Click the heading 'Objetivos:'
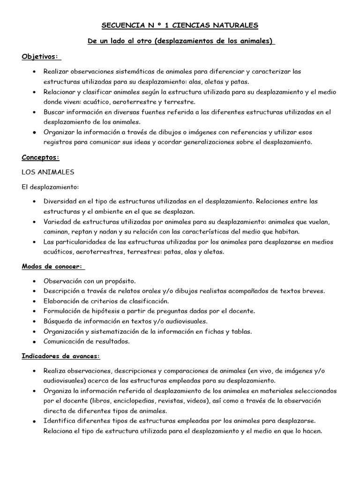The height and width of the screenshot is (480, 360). click(41, 57)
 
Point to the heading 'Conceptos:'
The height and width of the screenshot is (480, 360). click(41, 157)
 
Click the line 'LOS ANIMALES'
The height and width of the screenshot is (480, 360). click(48, 172)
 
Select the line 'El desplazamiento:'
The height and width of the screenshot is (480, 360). click(49, 187)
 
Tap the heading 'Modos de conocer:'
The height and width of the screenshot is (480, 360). click(52, 266)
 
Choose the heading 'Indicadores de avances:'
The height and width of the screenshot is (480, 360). click(61, 356)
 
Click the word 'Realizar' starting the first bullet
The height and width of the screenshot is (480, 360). click(57, 72)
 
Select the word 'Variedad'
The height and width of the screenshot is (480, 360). click(59, 222)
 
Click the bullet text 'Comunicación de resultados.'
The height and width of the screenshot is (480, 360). click(87, 341)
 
